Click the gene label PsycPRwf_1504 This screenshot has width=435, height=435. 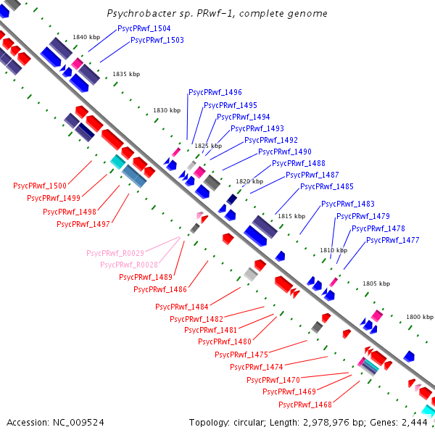(x=144, y=28)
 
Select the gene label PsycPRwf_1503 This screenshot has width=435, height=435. (x=157, y=40)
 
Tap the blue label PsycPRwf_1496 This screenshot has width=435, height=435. (x=215, y=92)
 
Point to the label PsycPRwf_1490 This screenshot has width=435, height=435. (x=285, y=152)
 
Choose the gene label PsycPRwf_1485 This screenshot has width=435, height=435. (x=327, y=186)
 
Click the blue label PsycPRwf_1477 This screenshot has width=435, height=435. (x=393, y=240)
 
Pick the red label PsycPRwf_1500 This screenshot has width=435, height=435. (x=40, y=186)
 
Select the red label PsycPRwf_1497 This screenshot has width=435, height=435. (x=83, y=224)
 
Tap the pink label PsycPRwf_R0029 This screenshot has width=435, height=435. (x=115, y=253)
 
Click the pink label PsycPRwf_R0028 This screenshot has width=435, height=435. (x=129, y=265)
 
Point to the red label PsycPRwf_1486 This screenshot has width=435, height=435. (x=160, y=289)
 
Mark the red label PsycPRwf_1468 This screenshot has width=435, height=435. (x=305, y=405)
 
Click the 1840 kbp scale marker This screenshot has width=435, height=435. (x=86, y=37)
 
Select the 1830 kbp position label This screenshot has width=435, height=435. (x=167, y=110)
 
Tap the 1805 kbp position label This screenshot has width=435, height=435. (x=376, y=283)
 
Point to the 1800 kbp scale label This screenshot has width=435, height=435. (x=420, y=317)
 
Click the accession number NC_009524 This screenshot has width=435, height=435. (x=78, y=423)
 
